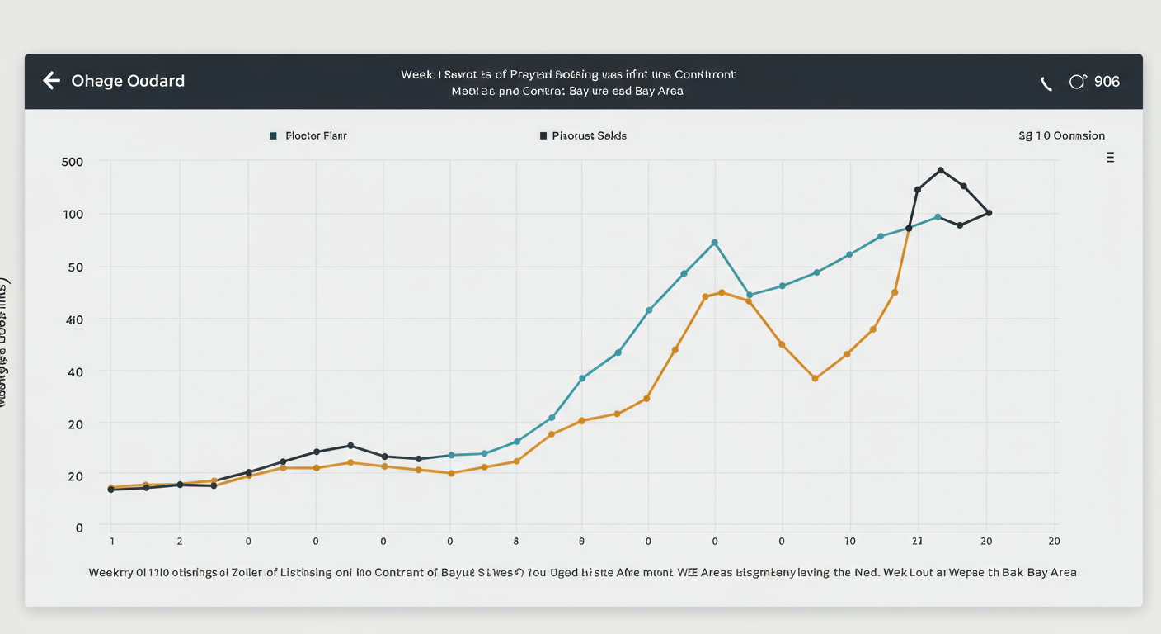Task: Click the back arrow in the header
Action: click(x=51, y=80)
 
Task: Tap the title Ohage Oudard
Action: click(x=128, y=81)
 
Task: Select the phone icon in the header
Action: click(x=1046, y=83)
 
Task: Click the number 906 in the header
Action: click(x=1107, y=82)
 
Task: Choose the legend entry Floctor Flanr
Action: click(x=316, y=135)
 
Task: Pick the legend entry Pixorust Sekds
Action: click(x=589, y=135)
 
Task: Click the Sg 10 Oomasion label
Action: click(x=1061, y=135)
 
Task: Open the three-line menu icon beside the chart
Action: click(x=1110, y=157)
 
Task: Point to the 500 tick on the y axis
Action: click(x=73, y=162)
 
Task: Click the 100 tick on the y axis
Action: click(x=73, y=215)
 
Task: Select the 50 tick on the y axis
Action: click(x=75, y=267)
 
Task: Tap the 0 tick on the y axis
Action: click(x=79, y=528)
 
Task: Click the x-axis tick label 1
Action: click(x=111, y=542)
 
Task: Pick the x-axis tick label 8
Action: click(x=516, y=542)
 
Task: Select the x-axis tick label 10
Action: click(x=849, y=542)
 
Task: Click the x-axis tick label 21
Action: click(x=918, y=542)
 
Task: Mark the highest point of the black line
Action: click(x=940, y=170)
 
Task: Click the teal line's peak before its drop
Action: click(x=715, y=243)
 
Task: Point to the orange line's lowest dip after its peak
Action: click(x=815, y=378)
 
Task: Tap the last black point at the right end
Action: click(x=988, y=213)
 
